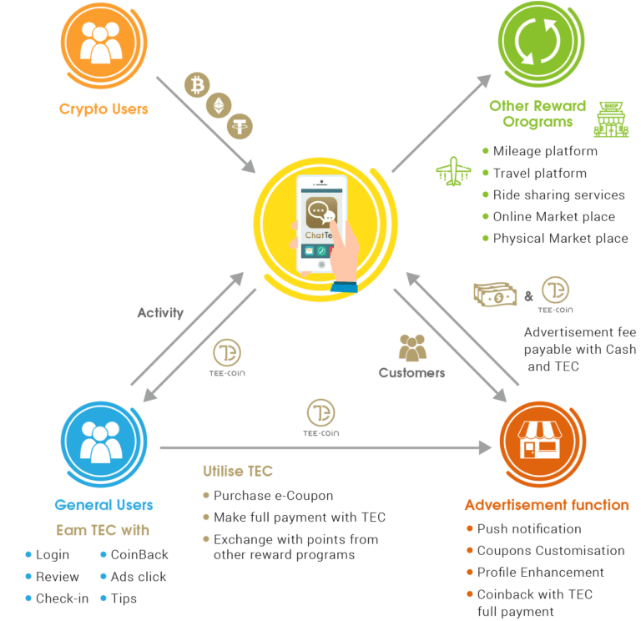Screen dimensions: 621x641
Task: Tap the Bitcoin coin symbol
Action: (x=198, y=86)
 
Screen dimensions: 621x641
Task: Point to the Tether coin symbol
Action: (x=240, y=125)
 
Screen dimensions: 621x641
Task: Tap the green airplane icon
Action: (x=453, y=173)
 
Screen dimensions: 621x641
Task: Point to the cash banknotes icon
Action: (x=495, y=294)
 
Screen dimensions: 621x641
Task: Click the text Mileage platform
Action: (x=545, y=151)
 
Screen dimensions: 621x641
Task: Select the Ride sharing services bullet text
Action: (x=558, y=194)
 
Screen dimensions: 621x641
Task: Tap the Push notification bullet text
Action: (x=529, y=528)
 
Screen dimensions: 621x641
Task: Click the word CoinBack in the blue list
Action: (x=139, y=554)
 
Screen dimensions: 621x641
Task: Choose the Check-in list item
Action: (x=63, y=598)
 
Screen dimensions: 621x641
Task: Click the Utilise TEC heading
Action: (x=237, y=472)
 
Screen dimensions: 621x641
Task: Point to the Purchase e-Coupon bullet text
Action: (x=273, y=495)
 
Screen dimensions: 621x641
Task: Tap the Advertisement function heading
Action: (x=547, y=505)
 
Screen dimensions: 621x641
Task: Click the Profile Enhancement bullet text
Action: (x=540, y=573)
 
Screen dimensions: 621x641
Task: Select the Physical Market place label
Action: (x=560, y=238)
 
